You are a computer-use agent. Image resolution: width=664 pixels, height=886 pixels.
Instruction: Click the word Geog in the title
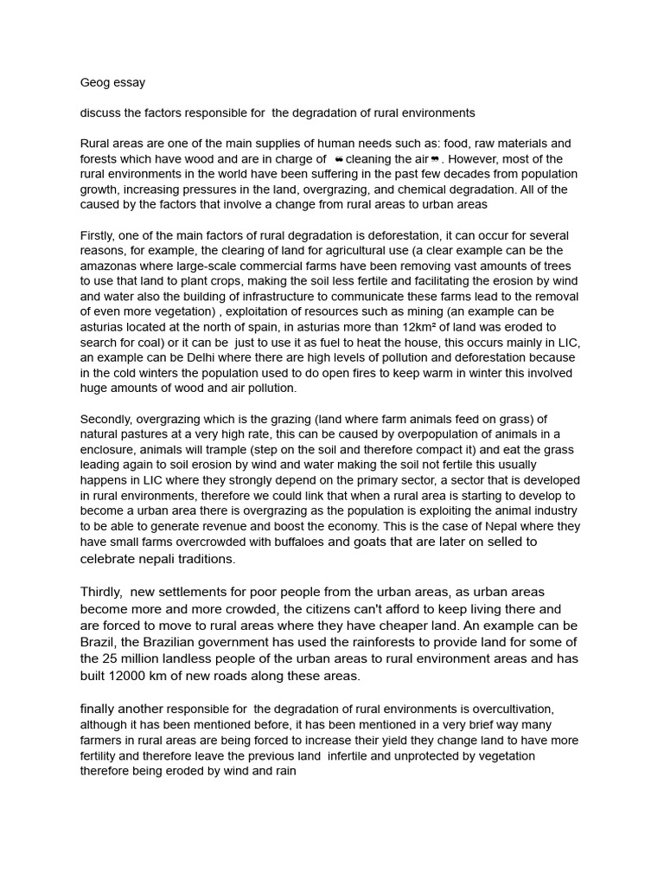point(94,83)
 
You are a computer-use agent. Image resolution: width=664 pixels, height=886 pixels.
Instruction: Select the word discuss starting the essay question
point(102,112)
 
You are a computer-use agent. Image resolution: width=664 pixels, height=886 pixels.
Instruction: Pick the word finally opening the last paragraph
point(99,709)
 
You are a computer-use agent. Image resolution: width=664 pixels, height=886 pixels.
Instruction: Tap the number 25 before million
point(114,658)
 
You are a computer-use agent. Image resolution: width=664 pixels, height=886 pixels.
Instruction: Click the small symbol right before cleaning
point(338,159)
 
